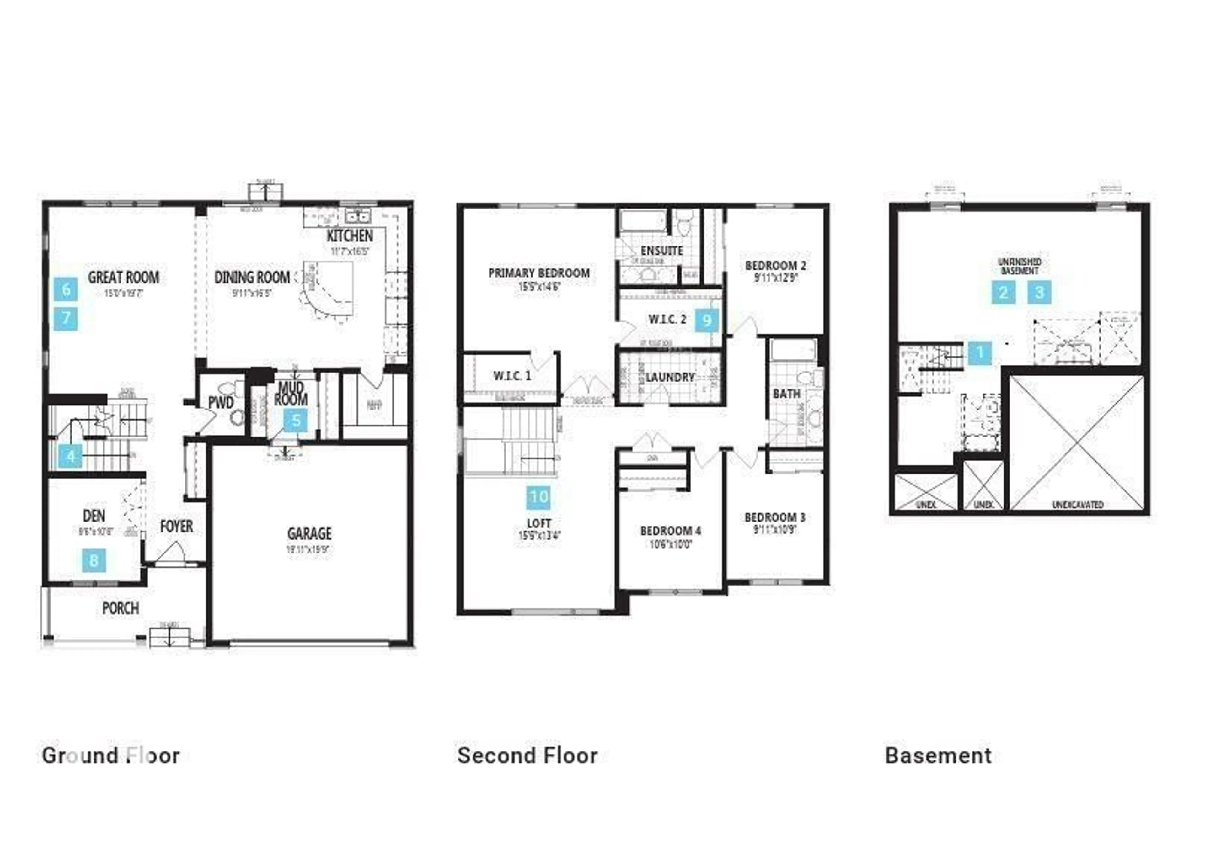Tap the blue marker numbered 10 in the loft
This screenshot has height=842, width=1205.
click(x=538, y=497)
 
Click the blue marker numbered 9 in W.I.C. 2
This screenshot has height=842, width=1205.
click(x=707, y=320)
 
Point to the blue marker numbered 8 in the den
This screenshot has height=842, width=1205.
click(x=94, y=560)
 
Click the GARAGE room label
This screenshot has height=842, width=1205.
click(x=309, y=533)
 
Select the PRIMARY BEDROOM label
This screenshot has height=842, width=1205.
click(x=539, y=273)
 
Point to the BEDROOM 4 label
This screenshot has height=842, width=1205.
click(x=670, y=530)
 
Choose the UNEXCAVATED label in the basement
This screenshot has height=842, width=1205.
click(x=1078, y=505)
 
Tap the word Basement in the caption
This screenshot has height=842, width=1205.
click(x=938, y=755)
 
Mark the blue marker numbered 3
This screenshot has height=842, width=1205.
click(x=1039, y=292)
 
